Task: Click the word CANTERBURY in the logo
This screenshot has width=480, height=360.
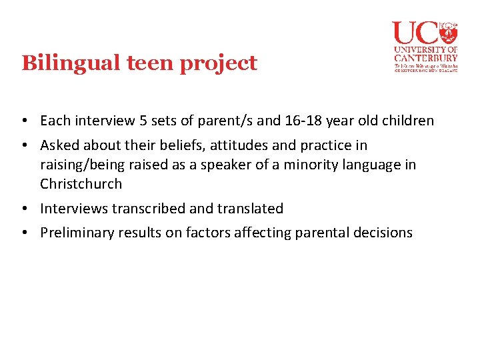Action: click(x=425, y=57)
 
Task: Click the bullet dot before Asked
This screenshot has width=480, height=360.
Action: click(x=24, y=145)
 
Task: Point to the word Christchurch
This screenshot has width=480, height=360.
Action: click(x=81, y=184)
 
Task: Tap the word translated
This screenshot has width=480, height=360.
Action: click(x=250, y=209)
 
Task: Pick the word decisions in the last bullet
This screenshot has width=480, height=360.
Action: click(x=381, y=233)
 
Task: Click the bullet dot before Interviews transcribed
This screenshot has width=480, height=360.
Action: click(x=24, y=209)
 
